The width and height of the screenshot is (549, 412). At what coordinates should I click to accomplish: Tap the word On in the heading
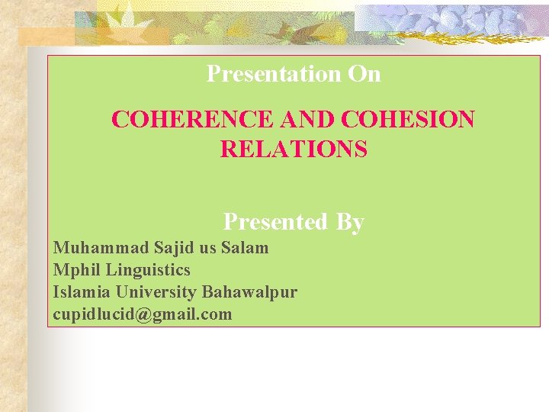click(x=364, y=74)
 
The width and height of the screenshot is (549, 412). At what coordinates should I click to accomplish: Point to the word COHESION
click(x=409, y=120)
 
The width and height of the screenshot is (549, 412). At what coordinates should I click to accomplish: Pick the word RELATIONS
click(x=294, y=149)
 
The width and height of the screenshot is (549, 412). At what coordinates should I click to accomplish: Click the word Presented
click(x=274, y=222)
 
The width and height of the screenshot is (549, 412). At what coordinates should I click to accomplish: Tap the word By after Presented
click(x=349, y=222)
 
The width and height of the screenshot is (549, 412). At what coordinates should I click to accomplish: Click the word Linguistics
click(x=148, y=269)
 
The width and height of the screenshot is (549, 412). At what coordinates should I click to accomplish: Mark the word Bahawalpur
click(x=249, y=291)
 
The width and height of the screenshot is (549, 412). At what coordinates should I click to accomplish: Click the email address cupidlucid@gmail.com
click(x=143, y=314)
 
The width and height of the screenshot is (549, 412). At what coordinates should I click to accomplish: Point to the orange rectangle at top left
click(x=46, y=36)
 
